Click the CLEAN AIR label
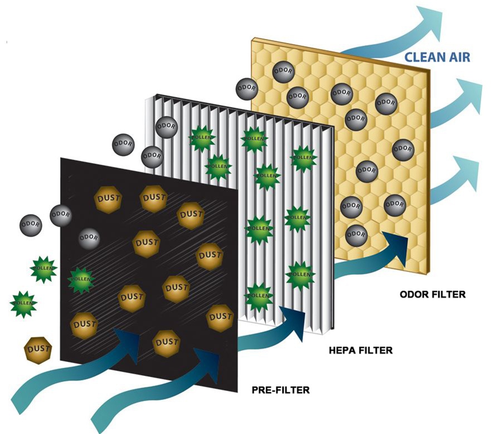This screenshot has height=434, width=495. click(x=437, y=57)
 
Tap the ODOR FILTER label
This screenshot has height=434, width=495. click(x=433, y=295)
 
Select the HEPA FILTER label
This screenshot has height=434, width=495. click(x=361, y=350)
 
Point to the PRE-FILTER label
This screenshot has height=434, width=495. click(x=280, y=390)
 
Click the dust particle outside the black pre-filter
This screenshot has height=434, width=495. click(x=38, y=350)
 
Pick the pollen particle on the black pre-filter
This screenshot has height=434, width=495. click(x=81, y=280)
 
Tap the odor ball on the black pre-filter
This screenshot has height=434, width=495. click(x=89, y=239)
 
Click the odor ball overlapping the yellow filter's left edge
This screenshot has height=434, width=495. click(x=247, y=88)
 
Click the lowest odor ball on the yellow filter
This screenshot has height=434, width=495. click(x=356, y=235)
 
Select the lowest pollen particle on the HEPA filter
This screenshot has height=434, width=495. click(x=259, y=297)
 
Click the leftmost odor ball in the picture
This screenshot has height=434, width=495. click(x=31, y=225)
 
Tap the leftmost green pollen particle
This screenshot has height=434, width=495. click(x=23, y=304)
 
